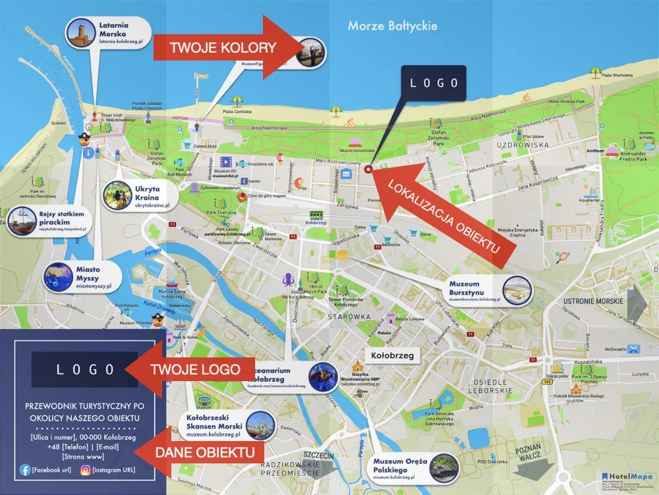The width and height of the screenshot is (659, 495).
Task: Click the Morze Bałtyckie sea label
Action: click(393, 26)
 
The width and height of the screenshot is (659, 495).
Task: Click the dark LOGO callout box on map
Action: click(434, 83)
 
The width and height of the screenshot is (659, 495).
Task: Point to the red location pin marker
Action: click(368, 169)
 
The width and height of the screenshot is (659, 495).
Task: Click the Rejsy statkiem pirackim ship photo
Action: click(23, 221)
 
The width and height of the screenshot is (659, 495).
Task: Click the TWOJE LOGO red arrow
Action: click(185, 370)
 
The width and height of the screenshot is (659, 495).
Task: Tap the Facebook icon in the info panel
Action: click(26, 470)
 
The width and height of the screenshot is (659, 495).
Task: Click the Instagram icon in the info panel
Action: click(85, 470)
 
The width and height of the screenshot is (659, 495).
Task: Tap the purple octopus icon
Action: click(289, 279)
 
